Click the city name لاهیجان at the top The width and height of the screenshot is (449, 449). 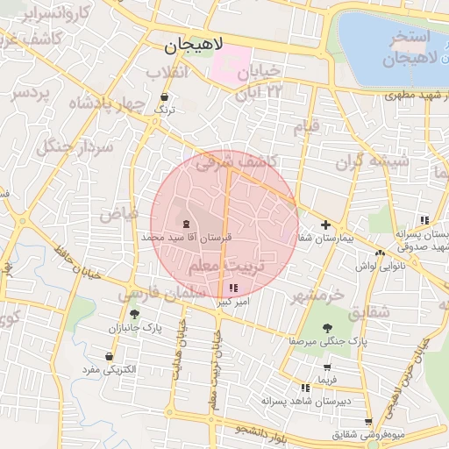(x=195, y=43)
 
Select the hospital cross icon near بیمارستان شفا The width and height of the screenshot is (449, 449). (x=325, y=224)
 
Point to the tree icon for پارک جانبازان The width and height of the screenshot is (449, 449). (x=133, y=314)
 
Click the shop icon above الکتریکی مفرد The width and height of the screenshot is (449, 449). (x=109, y=356)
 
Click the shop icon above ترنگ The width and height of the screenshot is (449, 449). (x=165, y=96)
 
